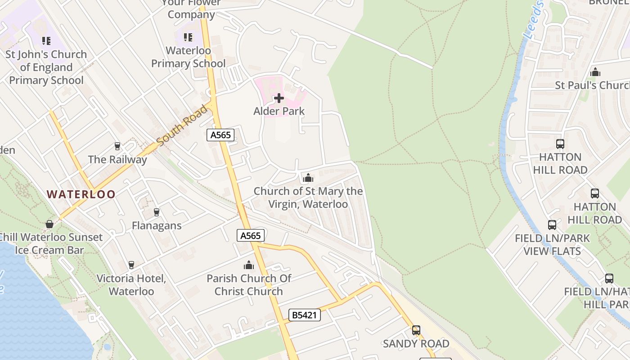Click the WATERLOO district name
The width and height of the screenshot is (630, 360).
tap(81, 194)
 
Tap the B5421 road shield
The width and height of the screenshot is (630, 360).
tap(305, 315)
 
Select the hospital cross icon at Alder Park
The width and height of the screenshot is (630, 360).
tap(279, 98)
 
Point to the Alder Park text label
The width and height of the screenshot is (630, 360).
tap(279, 111)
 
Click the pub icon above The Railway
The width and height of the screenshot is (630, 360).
tap(117, 146)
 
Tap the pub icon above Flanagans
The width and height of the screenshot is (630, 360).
tap(157, 212)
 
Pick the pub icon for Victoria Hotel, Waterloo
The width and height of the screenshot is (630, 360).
tap(131, 265)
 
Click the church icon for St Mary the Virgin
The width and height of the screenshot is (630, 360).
tap(308, 178)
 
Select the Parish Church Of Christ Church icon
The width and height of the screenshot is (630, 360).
tap(249, 265)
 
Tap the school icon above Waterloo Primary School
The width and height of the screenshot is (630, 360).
tap(188, 37)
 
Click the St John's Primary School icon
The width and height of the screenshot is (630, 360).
tap(46, 41)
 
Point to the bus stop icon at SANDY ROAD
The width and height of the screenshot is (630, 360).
tap(416, 330)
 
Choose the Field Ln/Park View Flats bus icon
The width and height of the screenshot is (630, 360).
tap(552, 225)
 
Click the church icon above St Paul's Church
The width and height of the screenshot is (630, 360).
tap(595, 72)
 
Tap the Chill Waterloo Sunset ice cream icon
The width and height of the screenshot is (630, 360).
tap(49, 224)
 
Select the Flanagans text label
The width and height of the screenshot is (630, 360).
tap(157, 225)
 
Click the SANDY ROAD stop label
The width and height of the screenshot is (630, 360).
tap(416, 344)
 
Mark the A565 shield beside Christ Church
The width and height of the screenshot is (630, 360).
tap(250, 235)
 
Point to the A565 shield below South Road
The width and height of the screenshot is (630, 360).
tap(220, 135)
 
